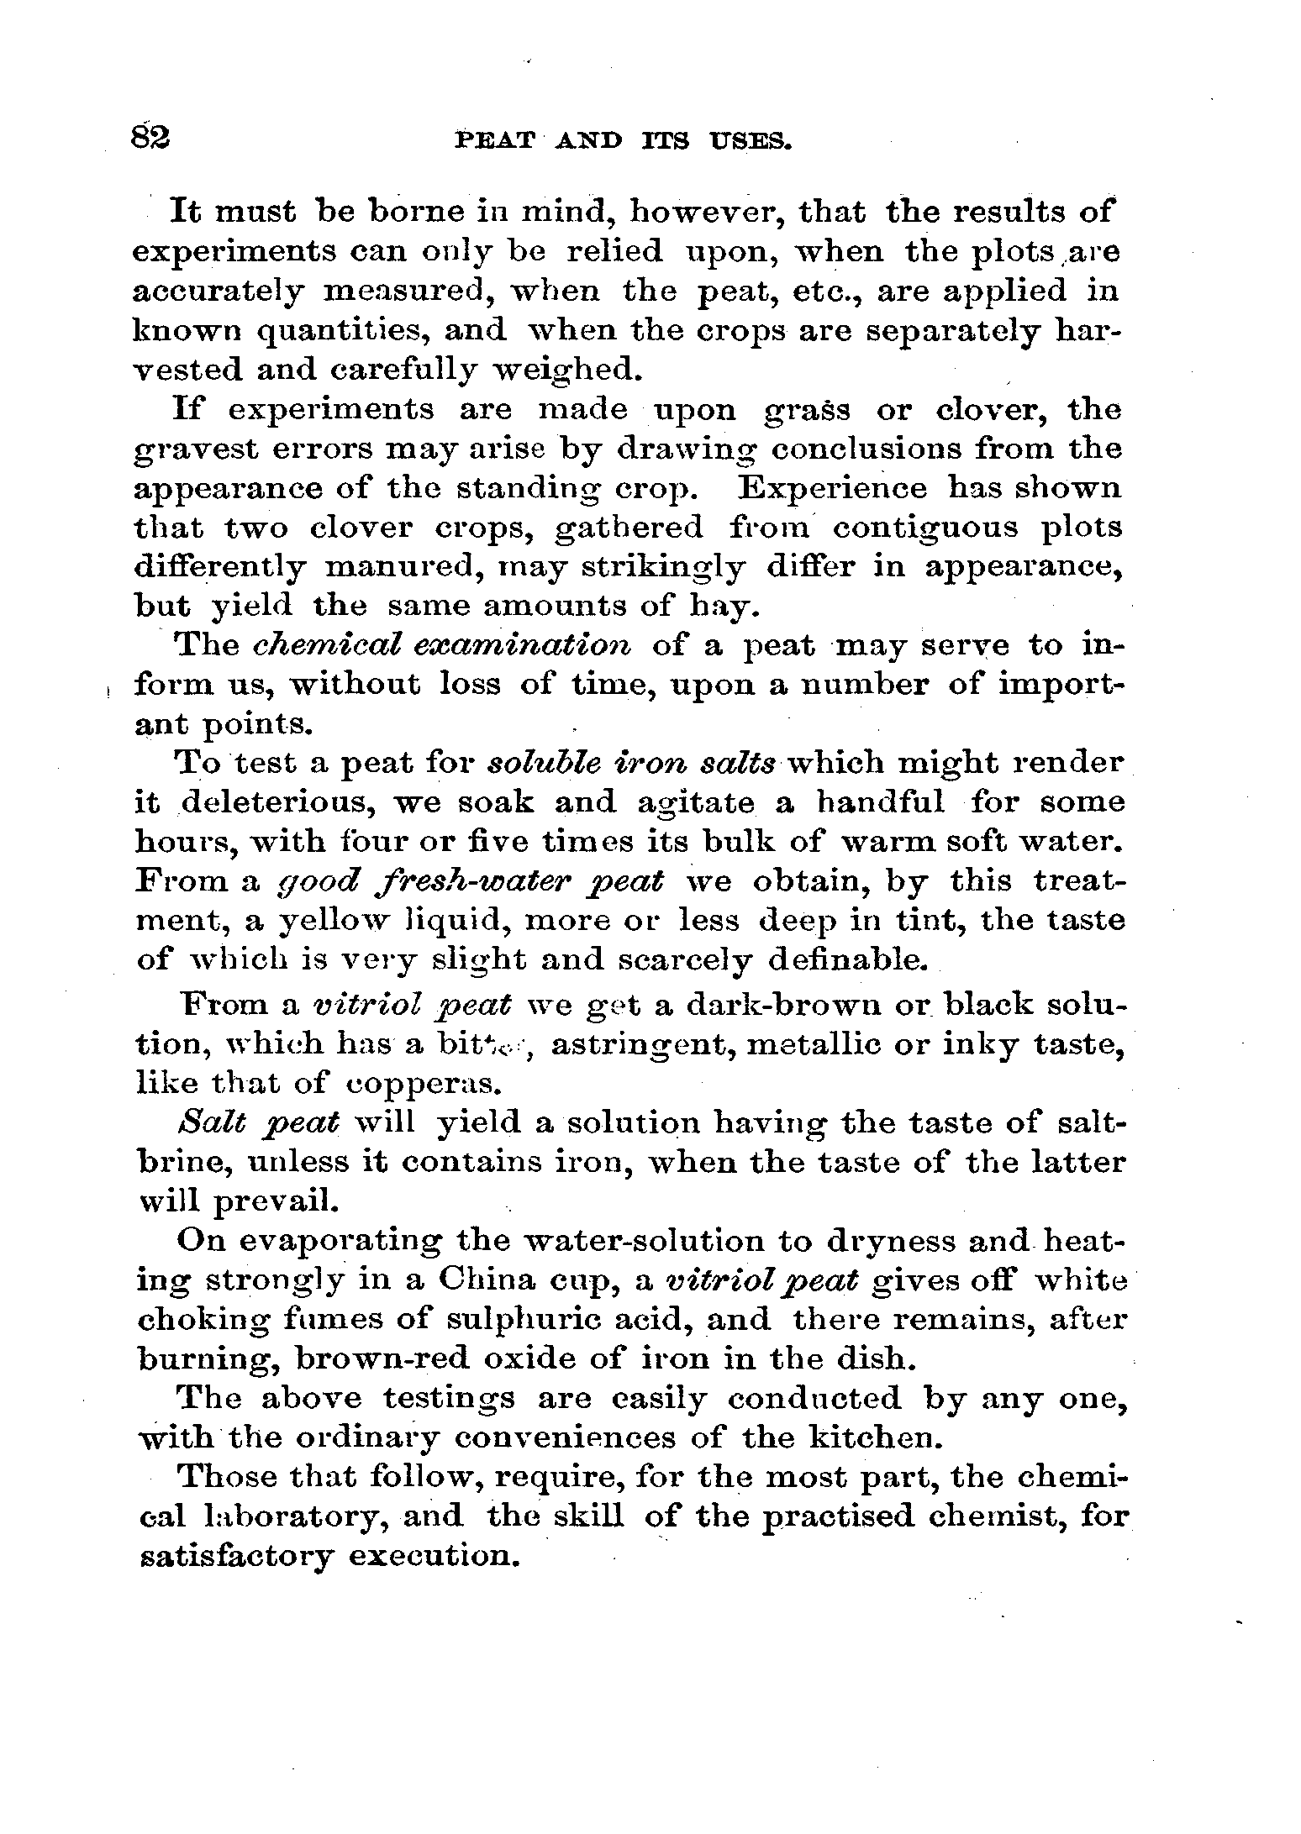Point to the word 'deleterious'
278,804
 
